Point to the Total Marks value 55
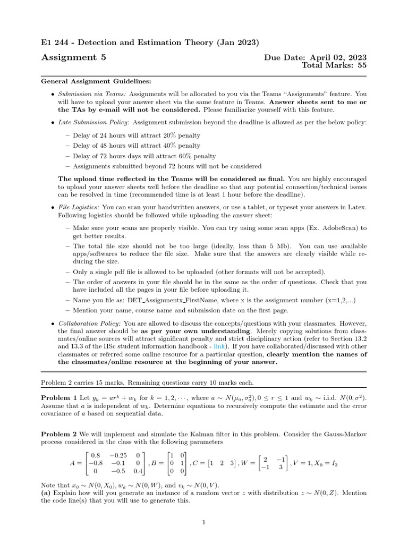click(361, 66)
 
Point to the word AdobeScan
click(343, 228)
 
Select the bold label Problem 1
click(59, 397)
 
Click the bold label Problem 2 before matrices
click(59, 434)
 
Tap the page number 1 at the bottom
click(204, 523)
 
